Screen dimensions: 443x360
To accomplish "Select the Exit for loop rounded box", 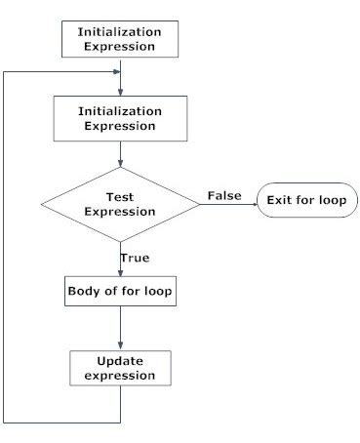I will pyautogui.click(x=307, y=202).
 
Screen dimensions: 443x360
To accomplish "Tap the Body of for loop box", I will pyautogui.click(x=120, y=292).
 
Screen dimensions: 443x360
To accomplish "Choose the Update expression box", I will pyautogui.click(x=120, y=368).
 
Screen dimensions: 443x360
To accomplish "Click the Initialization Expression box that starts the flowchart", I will pyautogui.click(x=120, y=38).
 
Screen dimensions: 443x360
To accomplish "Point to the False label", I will pyautogui.click(x=224, y=196).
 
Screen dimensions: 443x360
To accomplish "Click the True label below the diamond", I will pyautogui.click(x=135, y=258).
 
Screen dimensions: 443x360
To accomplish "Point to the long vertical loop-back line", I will pyautogui.click(x=6, y=244).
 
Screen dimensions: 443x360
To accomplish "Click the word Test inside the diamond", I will pyautogui.click(x=120, y=195).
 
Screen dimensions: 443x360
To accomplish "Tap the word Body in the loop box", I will pyautogui.click(x=83, y=292).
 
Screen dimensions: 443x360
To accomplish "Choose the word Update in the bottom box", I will pyautogui.click(x=120, y=360).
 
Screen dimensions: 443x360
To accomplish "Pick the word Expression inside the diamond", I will pyautogui.click(x=120, y=211).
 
